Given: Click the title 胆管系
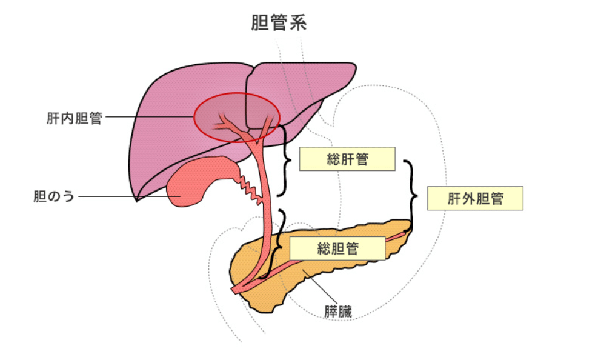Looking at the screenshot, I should tap(279, 23).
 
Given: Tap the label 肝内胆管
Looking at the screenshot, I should tap(74, 118).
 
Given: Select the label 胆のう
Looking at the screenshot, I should tap(54, 197).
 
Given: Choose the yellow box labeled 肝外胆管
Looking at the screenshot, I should tap(475, 198).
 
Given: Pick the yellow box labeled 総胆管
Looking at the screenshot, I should tap(337, 248).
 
